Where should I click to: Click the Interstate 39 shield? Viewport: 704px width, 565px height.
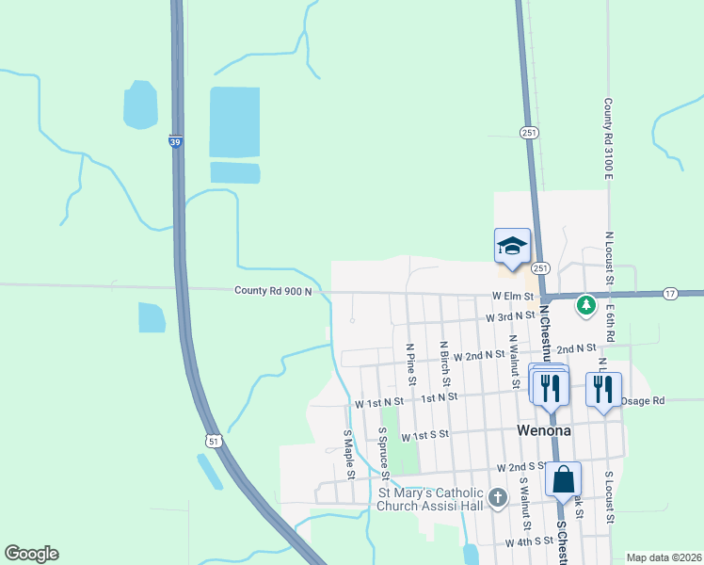click(x=176, y=141)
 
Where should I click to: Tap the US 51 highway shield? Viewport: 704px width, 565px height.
click(x=215, y=440)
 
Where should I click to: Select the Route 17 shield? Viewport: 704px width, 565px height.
click(x=669, y=294)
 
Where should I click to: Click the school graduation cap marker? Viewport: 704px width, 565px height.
click(x=512, y=247)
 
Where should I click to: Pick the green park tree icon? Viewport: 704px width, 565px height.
click(x=586, y=305)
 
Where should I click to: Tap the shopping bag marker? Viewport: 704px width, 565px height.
click(x=563, y=478)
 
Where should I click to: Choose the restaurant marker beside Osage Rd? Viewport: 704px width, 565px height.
click(x=602, y=387)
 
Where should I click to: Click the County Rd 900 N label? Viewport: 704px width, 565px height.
click(x=273, y=292)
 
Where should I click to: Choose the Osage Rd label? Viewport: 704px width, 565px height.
click(x=644, y=400)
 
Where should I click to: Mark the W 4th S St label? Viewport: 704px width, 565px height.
click(x=530, y=542)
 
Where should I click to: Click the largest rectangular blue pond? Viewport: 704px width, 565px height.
click(x=234, y=121)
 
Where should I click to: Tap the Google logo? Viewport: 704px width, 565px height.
click(x=31, y=554)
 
